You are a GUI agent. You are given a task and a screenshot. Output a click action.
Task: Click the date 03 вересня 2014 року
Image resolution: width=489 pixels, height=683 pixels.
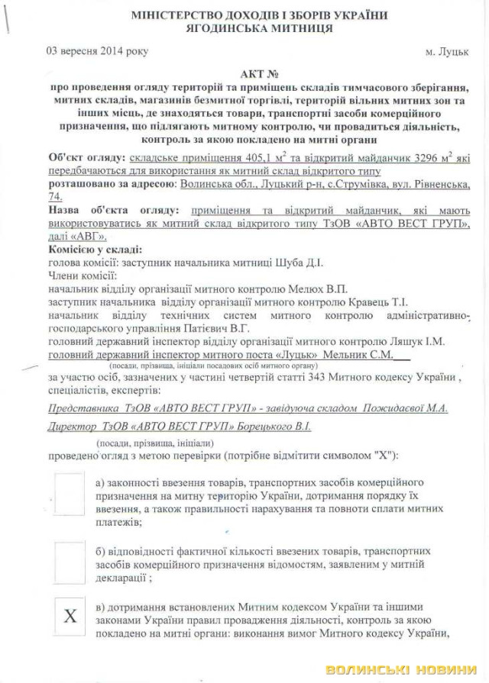pos(97,52)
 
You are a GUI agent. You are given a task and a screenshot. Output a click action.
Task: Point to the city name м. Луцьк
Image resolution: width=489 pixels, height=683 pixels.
pos(447,53)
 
